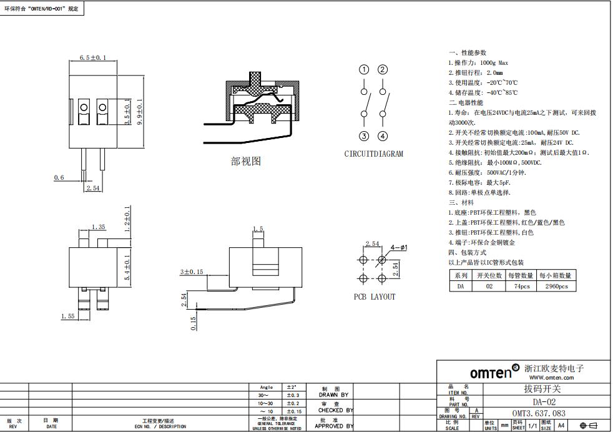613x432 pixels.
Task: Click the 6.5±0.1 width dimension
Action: coord(93,57)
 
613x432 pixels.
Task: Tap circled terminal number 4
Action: coord(383,136)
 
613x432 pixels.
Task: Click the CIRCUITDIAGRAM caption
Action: coord(373,154)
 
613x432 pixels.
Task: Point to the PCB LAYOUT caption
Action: coord(375,297)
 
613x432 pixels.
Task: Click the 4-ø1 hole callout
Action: coord(398,248)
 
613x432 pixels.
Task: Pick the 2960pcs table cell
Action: coord(556,286)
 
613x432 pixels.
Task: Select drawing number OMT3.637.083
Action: coord(539,413)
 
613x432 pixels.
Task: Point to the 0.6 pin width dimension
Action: coord(59,178)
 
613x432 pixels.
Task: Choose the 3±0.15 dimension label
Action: coord(192,272)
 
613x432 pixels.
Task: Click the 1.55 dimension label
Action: coord(68,317)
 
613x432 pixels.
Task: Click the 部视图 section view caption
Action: coord(246,161)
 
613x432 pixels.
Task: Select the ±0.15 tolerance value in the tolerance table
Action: coord(293,411)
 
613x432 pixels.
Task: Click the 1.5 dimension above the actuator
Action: coord(258,228)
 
